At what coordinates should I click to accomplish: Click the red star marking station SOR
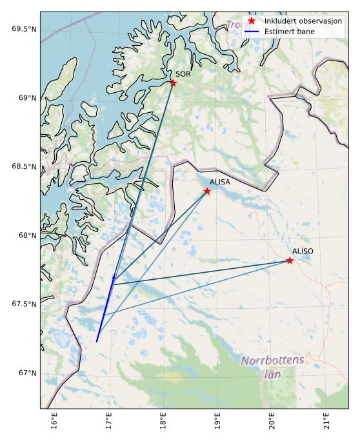pyautogui.click(x=173, y=83)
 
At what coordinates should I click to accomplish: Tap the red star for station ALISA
pyautogui.click(x=207, y=191)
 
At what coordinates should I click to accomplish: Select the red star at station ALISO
pyautogui.click(x=290, y=260)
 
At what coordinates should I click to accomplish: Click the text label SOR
pyautogui.click(x=183, y=75)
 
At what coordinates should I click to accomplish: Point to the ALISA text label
pyautogui.click(x=220, y=182)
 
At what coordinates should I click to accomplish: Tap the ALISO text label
pyautogui.click(x=303, y=251)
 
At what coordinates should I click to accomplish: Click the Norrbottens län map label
pyautogui.click(x=272, y=367)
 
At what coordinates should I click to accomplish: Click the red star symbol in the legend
pyautogui.click(x=252, y=21)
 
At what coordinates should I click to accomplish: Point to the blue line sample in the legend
pyautogui.click(x=252, y=31)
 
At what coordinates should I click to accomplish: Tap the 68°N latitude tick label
pyautogui.click(x=27, y=235)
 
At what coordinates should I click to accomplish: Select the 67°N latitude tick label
pyautogui.click(x=27, y=373)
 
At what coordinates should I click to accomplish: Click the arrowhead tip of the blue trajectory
pyautogui.click(x=114, y=275)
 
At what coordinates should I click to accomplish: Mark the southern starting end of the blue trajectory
pyautogui.click(x=97, y=342)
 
